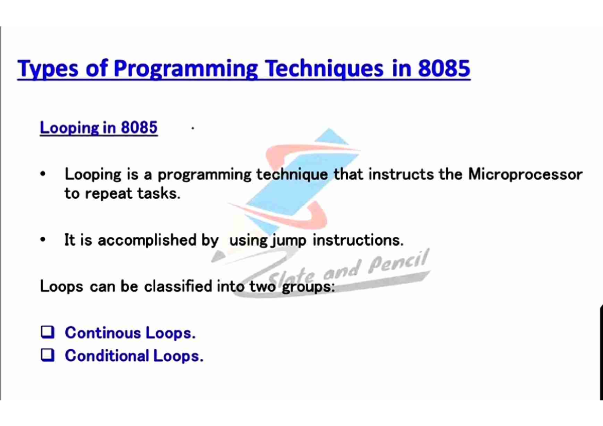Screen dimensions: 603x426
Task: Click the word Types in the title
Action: coord(48,69)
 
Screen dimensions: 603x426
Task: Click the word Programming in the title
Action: coord(186,69)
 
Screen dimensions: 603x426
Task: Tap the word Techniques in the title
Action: coord(324,69)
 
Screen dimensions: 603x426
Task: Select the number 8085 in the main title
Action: coord(444,68)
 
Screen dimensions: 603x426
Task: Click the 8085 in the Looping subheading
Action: coord(139,127)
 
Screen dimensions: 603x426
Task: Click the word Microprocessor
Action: coord(525,175)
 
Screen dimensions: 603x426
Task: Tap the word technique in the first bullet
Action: coord(292,175)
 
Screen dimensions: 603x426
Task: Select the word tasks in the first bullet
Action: coord(159,193)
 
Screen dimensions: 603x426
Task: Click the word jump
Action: coord(288,240)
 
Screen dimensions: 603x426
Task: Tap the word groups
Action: coord(308,287)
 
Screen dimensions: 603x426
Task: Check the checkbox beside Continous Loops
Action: coord(48,332)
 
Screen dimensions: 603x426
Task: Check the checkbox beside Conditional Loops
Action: coord(48,355)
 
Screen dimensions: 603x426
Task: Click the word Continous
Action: coord(103,333)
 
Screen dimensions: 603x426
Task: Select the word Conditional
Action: coord(107,356)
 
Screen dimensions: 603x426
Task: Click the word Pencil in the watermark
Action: coord(398,261)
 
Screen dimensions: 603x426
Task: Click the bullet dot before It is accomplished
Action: coord(43,239)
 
